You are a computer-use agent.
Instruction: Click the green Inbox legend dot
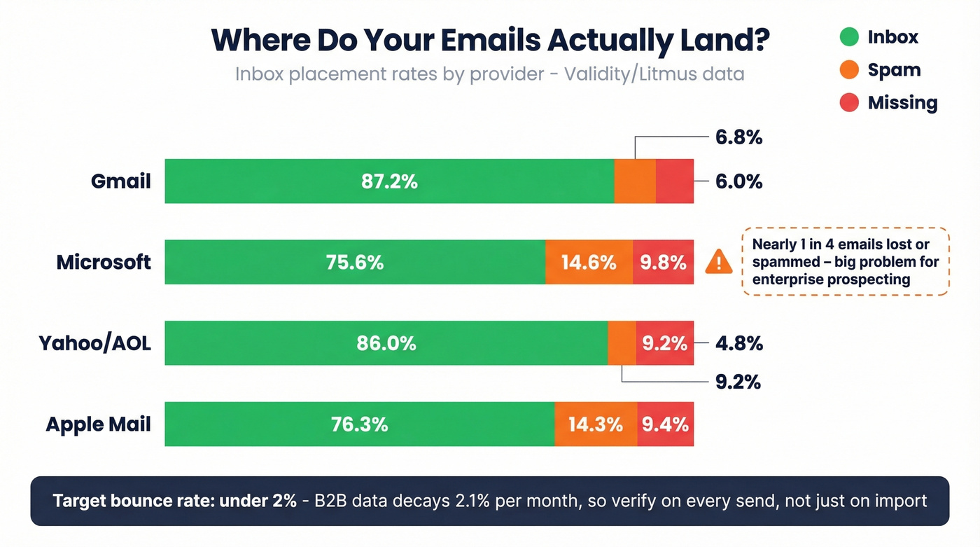pos(849,37)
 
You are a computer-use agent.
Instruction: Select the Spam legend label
pos(894,70)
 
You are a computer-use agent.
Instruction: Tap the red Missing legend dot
pos(849,103)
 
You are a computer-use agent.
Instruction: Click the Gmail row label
pos(121,181)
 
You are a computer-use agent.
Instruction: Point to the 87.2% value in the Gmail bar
pos(389,181)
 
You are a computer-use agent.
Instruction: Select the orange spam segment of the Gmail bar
pos(635,181)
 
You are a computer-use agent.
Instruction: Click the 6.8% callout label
pos(738,138)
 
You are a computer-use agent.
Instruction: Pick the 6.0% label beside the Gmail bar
pos(738,181)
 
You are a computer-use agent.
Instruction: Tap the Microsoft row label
pos(104,263)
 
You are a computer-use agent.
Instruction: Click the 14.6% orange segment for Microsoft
pos(589,263)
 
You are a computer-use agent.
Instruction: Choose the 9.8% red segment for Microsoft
pos(663,263)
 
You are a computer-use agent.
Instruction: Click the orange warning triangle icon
pos(718,263)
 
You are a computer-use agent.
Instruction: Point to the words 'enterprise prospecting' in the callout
pos(831,280)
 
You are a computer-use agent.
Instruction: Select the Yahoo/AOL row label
pos(94,343)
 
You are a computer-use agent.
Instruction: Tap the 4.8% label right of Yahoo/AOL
pos(738,344)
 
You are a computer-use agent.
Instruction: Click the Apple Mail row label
pos(98,424)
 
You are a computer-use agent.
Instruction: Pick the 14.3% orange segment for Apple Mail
pos(595,424)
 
